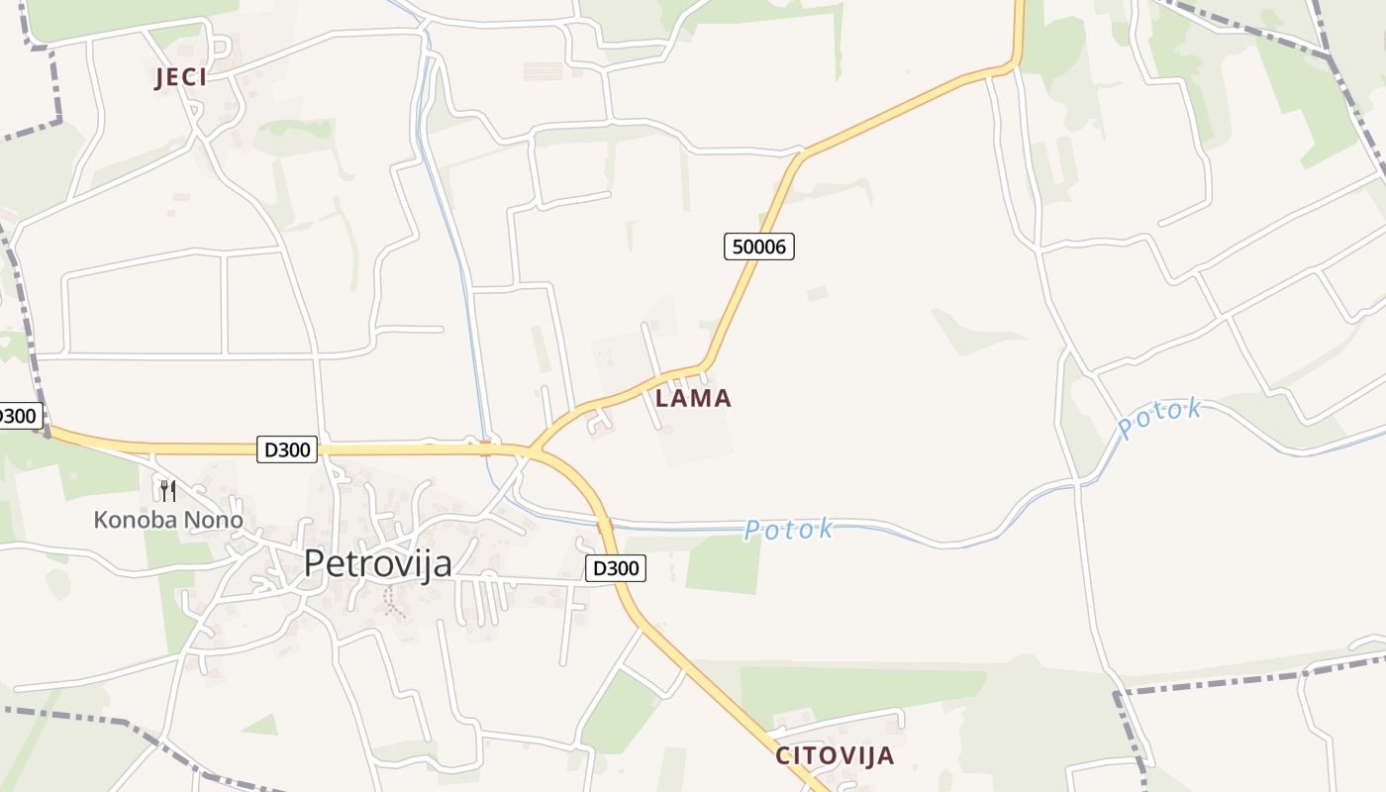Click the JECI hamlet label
(x=180, y=78)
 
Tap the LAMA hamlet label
(x=693, y=399)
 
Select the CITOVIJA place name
(x=834, y=756)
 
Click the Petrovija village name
(x=377, y=563)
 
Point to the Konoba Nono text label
(x=167, y=520)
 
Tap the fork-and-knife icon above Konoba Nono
(x=168, y=490)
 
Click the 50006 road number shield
(x=759, y=247)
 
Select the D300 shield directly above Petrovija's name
(x=287, y=449)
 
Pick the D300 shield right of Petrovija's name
(x=616, y=568)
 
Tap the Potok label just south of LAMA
(x=788, y=530)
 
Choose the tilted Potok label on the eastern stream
(x=1159, y=419)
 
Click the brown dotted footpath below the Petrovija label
(x=393, y=602)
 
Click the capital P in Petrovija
(x=314, y=563)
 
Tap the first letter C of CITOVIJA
(x=783, y=756)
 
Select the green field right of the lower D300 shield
(x=723, y=563)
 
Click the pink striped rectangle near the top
(x=543, y=70)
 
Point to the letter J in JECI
(x=158, y=78)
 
